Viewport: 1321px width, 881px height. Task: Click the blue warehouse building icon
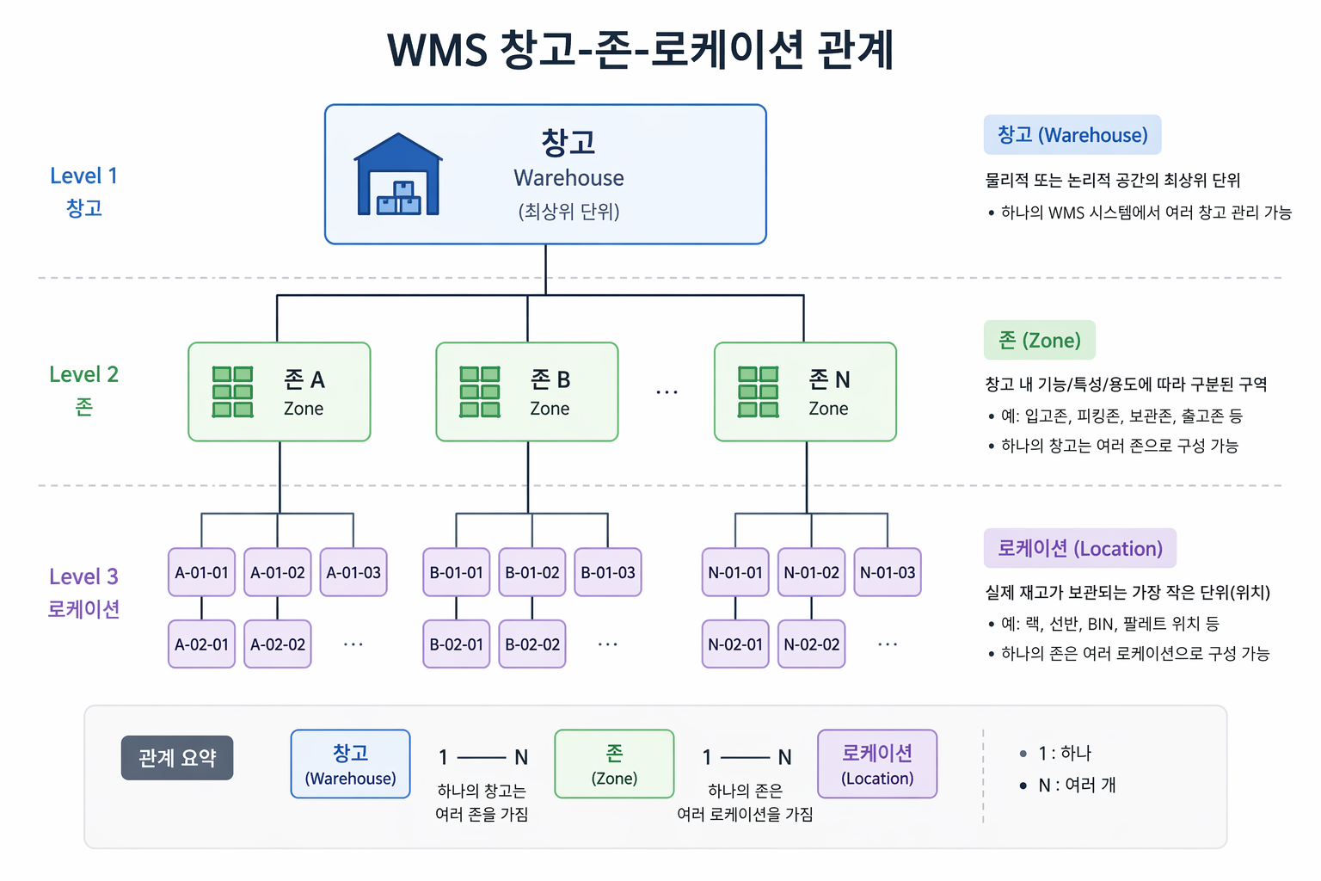[x=398, y=174]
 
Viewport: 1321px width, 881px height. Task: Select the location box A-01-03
[x=353, y=572]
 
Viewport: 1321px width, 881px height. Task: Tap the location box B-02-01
[x=456, y=644]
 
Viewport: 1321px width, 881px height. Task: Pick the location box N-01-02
[x=811, y=572]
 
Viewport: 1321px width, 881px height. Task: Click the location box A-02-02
[x=277, y=644]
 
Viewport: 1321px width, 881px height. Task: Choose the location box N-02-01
[x=734, y=644]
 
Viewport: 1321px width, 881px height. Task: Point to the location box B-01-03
[x=607, y=572]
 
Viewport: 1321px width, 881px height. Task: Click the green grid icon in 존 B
[x=479, y=391]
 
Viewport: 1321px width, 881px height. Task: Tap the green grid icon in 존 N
[x=758, y=391]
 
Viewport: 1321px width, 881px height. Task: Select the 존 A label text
[x=304, y=379]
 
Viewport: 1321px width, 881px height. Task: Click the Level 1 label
[x=83, y=176]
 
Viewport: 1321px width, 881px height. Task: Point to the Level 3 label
[x=83, y=576]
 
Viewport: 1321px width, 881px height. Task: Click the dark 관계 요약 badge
[x=177, y=758]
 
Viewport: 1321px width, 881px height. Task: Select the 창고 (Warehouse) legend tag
[x=1072, y=134]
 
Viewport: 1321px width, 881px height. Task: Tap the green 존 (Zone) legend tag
[x=1039, y=340]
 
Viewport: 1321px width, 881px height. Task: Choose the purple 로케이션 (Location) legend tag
[x=1080, y=548]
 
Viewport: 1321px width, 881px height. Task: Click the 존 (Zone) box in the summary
[x=614, y=764]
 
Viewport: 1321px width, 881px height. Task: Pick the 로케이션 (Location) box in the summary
[x=877, y=764]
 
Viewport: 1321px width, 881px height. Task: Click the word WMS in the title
[x=437, y=51]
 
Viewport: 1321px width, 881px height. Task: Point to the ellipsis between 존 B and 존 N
[x=667, y=391]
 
